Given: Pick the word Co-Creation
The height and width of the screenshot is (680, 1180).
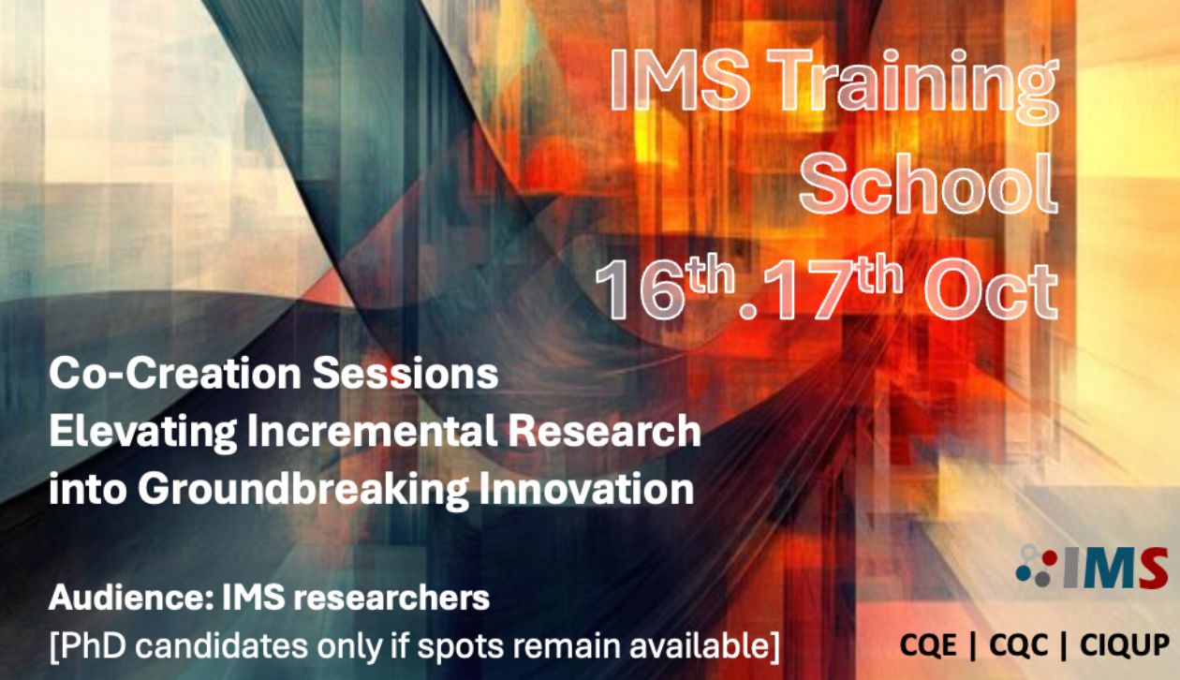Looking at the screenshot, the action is click(x=175, y=373).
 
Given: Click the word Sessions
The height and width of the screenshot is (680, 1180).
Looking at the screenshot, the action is click(x=406, y=373).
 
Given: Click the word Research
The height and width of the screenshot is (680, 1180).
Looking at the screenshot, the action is click(x=604, y=431).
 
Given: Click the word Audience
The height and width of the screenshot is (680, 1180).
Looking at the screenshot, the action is click(x=131, y=598).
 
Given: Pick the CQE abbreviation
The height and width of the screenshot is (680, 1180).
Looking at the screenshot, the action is click(x=928, y=644).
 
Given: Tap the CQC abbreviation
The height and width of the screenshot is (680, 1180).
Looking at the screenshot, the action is click(x=1018, y=644).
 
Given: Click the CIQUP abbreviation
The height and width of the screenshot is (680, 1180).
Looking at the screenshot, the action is click(x=1125, y=644).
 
